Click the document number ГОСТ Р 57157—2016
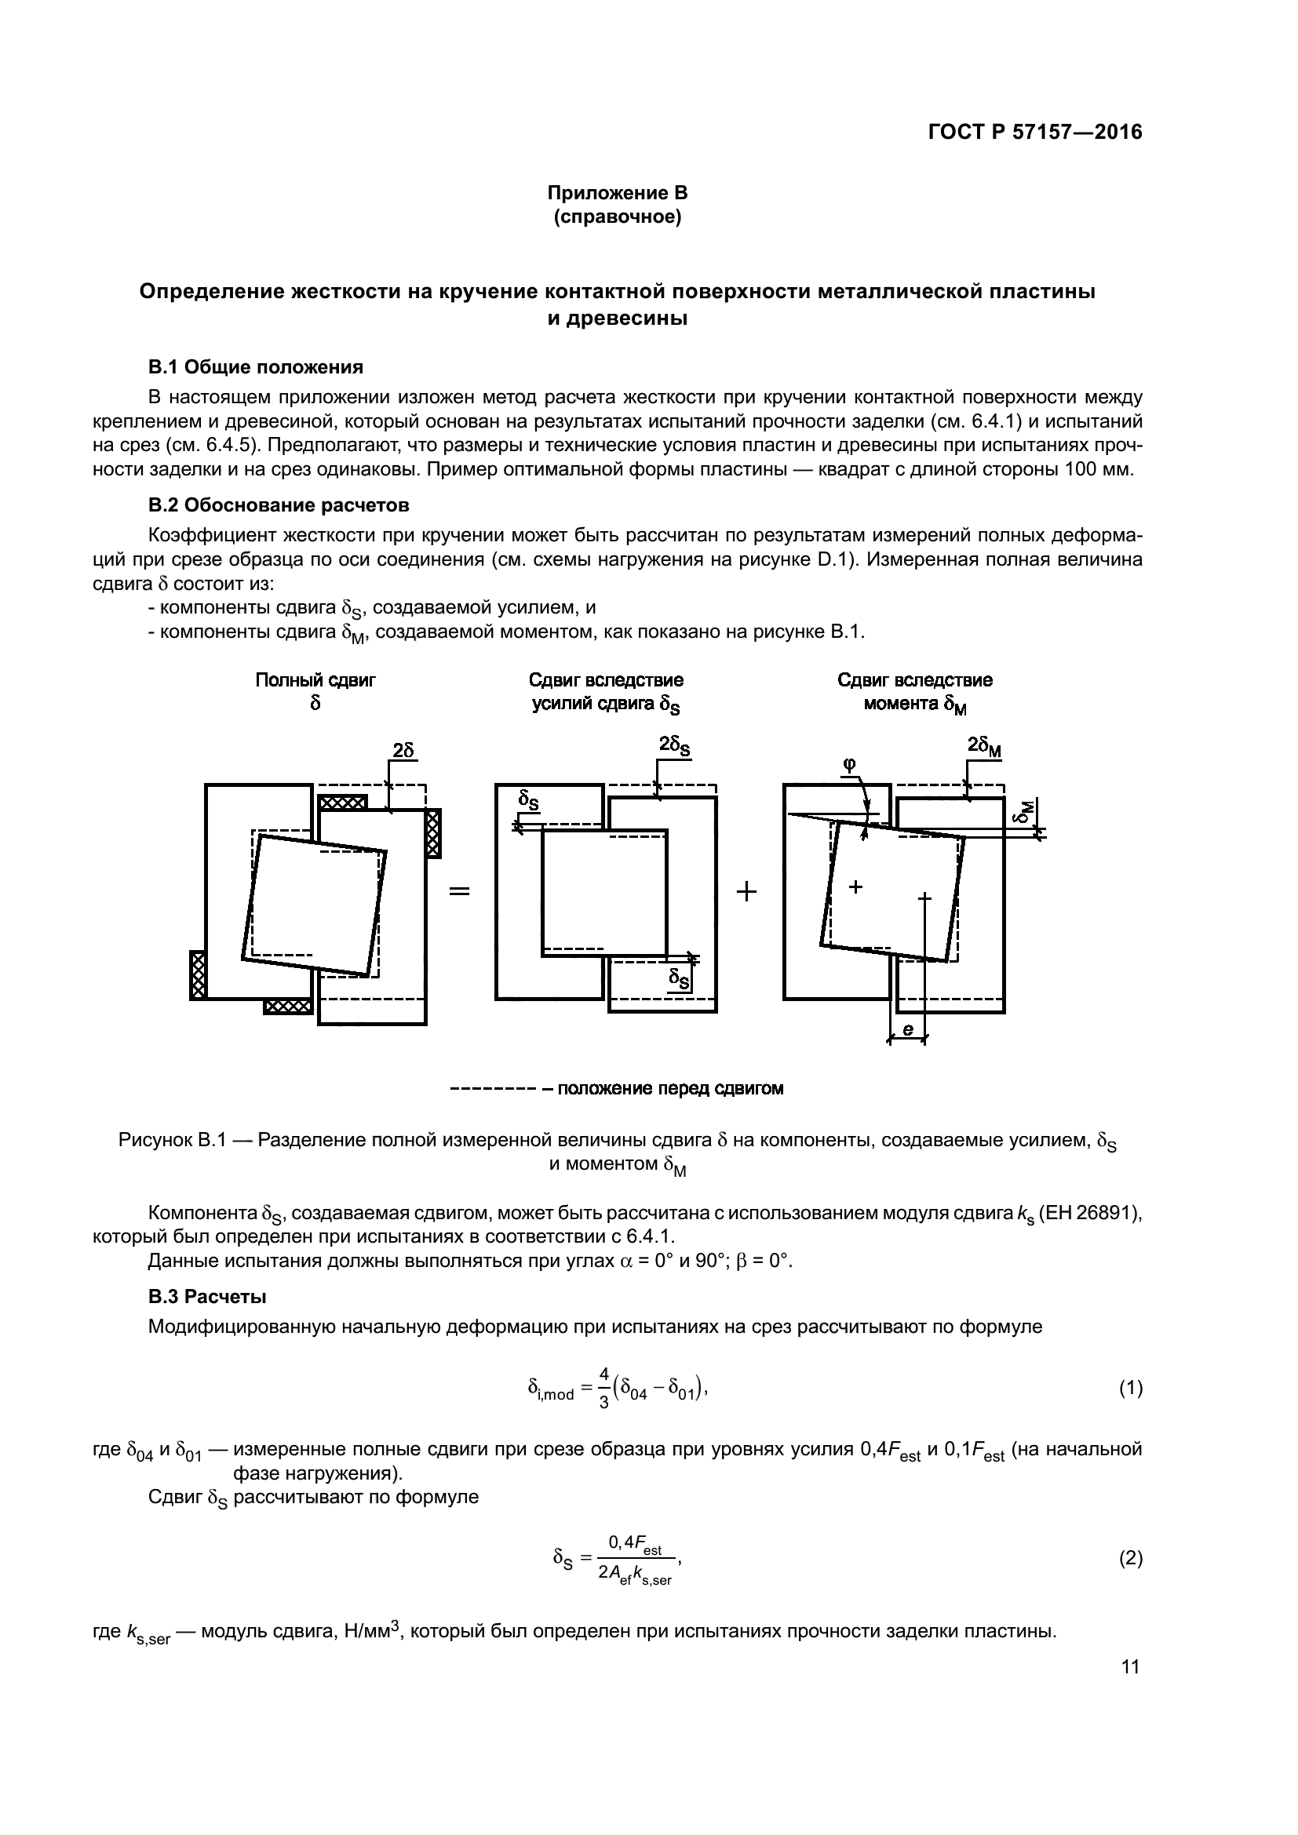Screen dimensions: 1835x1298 (x=1035, y=133)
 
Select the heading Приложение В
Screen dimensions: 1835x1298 (x=617, y=193)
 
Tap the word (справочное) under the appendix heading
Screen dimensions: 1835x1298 (x=617, y=217)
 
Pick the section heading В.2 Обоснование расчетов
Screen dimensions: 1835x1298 (x=279, y=505)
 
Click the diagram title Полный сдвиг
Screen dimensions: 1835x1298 (x=315, y=680)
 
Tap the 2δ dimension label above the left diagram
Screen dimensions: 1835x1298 (x=403, y=750)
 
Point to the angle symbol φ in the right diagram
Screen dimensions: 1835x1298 (x=849, y=764)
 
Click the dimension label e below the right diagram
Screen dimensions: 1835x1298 (x=907, y=1030)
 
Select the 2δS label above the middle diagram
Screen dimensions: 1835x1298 (x=675, y=745)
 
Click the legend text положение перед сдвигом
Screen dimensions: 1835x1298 (x=669, y=1089)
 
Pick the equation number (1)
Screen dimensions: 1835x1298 (x=1130, y=1389)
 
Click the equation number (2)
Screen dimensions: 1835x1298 (x=1130, y=1558)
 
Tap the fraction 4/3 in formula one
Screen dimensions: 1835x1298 (x=604, y=1389)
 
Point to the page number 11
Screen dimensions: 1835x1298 (x=1130, y=1666)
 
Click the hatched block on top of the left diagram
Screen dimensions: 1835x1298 (x=343, y=802)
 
